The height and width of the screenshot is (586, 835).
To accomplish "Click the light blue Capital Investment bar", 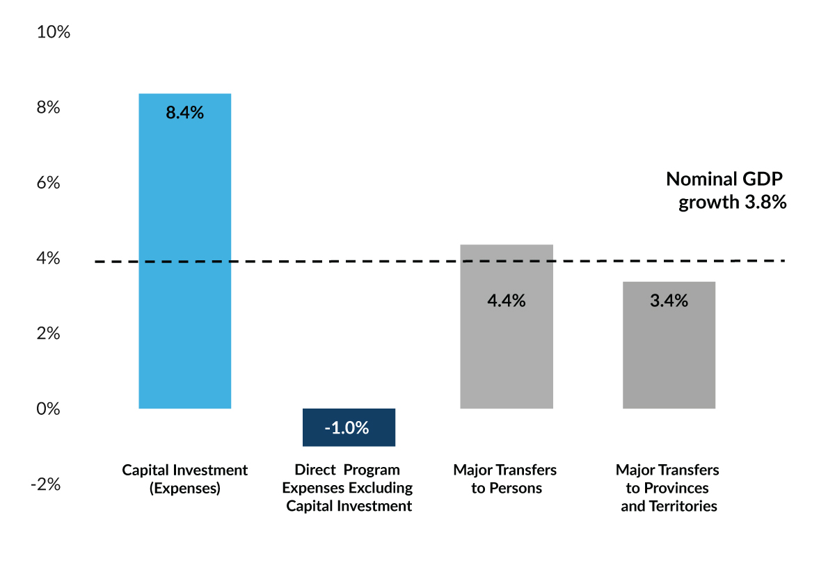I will (184, 251).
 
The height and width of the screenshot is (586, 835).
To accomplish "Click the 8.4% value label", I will (184, 113).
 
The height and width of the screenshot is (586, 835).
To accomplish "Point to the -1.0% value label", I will (347, 428).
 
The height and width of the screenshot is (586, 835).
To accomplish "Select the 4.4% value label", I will (506, 301).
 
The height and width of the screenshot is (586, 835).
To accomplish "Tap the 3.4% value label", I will (669, 301).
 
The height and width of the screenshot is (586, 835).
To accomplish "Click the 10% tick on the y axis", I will (54, 33).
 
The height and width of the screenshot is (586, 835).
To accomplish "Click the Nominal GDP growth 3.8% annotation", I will (726, 191).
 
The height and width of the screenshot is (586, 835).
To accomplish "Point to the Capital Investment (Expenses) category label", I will (184, 479).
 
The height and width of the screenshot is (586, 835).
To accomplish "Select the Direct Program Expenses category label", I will (348, 488).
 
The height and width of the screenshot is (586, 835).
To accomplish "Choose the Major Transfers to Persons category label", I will (505, 479).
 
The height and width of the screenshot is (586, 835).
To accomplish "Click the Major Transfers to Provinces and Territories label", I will (668, 488).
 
